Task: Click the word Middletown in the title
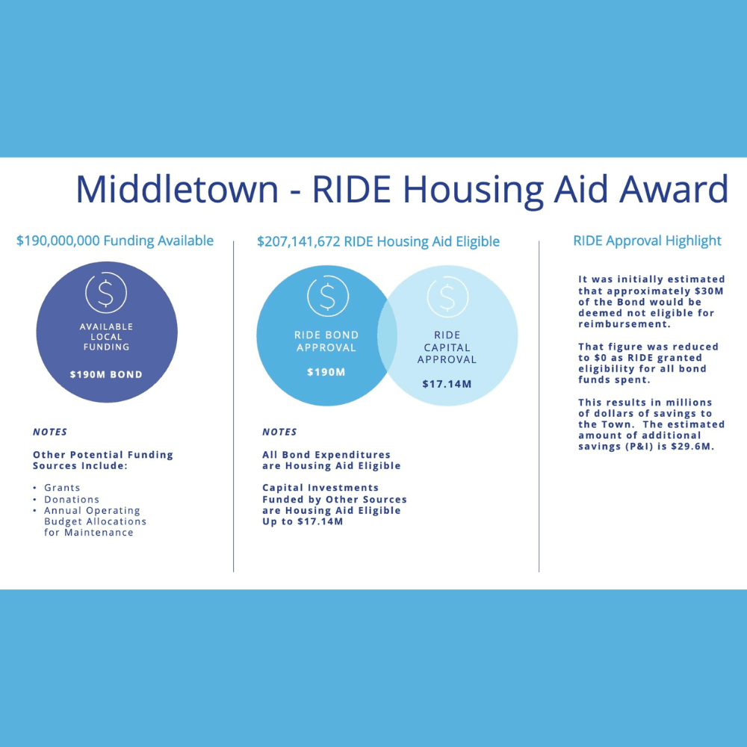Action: [x=177, y=189]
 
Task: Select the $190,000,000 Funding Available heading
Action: [x=115, y=241]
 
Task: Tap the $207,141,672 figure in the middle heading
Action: [x=298, y=241]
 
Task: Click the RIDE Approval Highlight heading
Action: [x=647, y=241]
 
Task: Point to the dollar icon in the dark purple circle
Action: [x=106, y=293]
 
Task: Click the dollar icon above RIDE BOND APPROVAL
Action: [x=328, y=296]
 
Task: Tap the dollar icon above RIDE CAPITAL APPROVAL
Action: [x=447, y=297]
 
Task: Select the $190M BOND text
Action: [x=106, y=374]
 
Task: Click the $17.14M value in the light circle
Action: [x=447, y=384]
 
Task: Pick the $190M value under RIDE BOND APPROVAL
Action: [x=326, y=372]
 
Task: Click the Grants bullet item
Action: [x=62, y=487]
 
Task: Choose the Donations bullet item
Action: [x=72, y=499]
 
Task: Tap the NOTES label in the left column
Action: [x=50, y=432]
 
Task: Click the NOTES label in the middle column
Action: [x=279, y=432]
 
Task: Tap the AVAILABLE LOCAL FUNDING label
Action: [x=106, y=337]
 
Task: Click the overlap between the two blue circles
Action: [x=387, y=335]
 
